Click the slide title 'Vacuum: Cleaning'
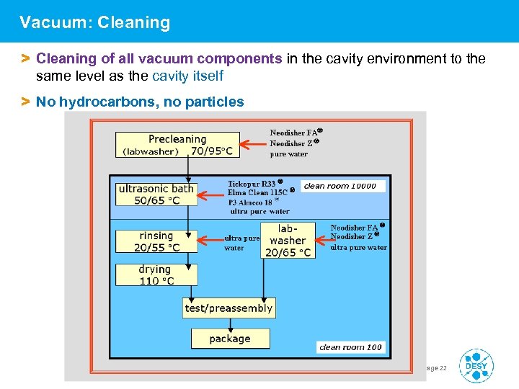[x=95, y=22]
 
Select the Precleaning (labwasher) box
[x=177, y=144]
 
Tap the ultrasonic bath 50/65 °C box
[x=156, y=194]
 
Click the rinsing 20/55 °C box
[x=156, y=241]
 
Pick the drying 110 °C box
[x=156, y=275]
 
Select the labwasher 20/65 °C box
[x=288, y=241]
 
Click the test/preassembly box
[x=229, y=308]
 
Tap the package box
[x=230, y=339]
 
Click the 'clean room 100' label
[x=350, y=347]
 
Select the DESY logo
[x=476, y=365]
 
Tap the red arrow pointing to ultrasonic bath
[x=212, y=195]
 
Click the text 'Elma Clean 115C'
[x=257, y=192]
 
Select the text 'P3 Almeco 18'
[x=250, y=202]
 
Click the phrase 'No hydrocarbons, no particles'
[x=140, y=102]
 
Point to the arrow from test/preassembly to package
[x=229, y=323]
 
